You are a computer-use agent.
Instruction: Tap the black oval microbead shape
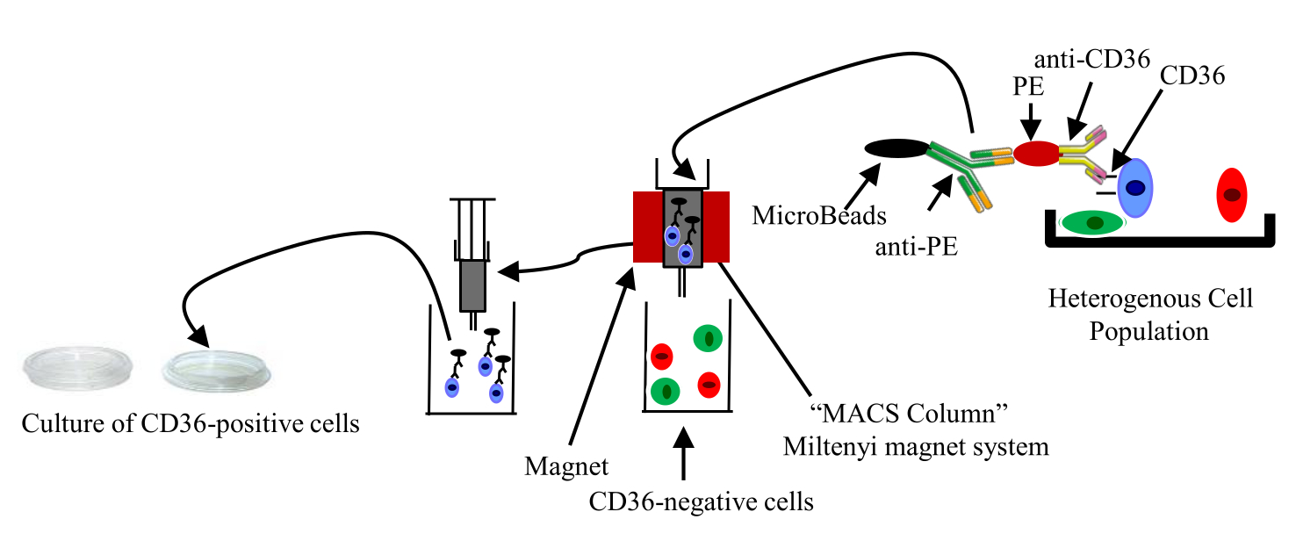896,150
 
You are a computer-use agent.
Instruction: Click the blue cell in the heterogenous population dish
1134,187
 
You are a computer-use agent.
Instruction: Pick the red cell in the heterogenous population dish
1233,195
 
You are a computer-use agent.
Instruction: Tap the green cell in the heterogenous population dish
1094,223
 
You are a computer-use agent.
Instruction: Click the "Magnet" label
566,466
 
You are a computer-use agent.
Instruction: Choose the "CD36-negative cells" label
702,501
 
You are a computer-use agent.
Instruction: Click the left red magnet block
648,226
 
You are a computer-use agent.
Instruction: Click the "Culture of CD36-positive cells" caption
190,424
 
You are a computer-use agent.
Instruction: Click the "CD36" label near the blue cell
1192,77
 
